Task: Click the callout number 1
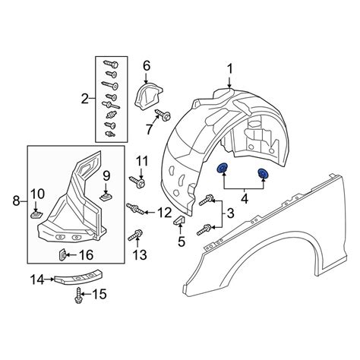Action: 229,69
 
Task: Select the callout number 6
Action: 147,66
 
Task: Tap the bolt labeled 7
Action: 163,115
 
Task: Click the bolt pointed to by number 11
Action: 137,182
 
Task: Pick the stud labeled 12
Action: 135,209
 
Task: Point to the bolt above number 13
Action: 136,235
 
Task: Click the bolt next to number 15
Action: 79,295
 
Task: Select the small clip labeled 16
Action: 62,255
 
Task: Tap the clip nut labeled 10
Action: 36,215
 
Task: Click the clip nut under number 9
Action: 106,196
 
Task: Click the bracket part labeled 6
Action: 147,95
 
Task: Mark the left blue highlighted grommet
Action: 223,168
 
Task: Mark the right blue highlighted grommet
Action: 263,173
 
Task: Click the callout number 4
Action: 245,199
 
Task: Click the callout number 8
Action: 16,201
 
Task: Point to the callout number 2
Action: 85,99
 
